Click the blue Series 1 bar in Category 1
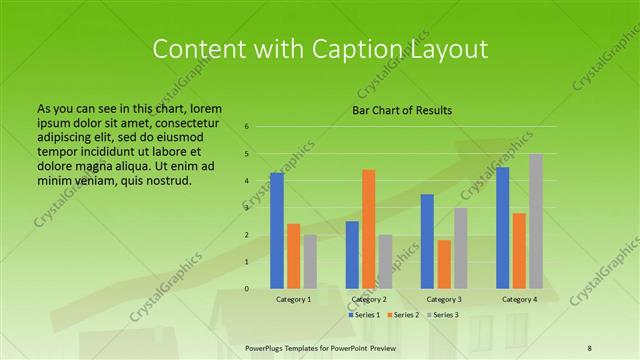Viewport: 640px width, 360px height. click(277, 231)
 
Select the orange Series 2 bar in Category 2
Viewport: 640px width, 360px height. click(368, 229)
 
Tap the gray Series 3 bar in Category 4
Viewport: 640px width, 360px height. click(536, 221)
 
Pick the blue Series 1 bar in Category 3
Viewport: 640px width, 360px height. click(427, 241)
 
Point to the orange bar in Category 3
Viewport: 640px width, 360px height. click(444, 264)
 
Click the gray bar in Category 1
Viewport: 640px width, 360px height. click(310, 262)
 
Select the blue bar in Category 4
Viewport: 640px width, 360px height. click(502, 228)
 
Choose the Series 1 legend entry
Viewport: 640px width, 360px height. click(364, 315)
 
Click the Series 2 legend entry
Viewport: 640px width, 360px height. click(403, 315)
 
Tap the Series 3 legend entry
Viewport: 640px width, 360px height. click(441, 315)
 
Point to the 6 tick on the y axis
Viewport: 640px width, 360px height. click(246, 127)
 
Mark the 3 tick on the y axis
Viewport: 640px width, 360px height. click(246, 208)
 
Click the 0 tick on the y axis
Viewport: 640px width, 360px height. click(246, 289)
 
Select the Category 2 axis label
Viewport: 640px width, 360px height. click(369, 299)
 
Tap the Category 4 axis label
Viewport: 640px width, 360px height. click(519, 299)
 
